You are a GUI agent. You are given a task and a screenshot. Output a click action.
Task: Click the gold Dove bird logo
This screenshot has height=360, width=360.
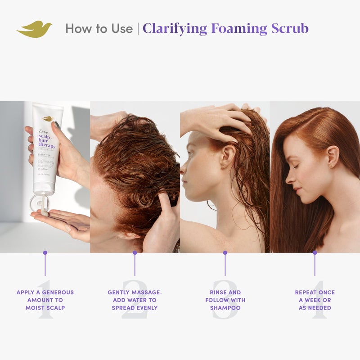[34, 29]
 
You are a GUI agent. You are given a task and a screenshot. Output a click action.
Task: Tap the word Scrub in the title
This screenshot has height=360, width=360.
[289, 29]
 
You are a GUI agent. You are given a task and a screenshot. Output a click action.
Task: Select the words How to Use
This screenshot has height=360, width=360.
[99, 29]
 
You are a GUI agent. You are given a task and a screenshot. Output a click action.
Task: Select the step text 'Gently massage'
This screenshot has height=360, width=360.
[135, 292]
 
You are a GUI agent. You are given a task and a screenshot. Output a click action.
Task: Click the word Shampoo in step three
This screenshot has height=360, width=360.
[225, 308]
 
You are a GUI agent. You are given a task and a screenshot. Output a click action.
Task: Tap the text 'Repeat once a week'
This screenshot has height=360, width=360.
[315, 296]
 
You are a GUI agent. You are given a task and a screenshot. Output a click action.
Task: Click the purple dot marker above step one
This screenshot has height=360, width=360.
[45, 253]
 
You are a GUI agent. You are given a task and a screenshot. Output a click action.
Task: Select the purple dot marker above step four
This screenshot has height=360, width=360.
[315, 253]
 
